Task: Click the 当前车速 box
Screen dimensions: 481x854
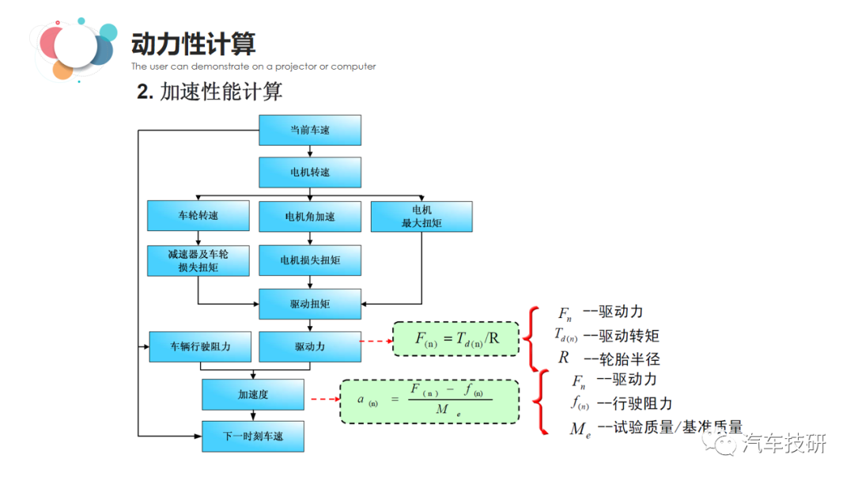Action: point(310,130)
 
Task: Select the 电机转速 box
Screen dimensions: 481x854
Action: point(310,172)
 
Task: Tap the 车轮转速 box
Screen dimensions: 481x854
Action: point(198,216)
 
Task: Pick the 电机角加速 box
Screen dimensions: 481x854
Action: point(310,216)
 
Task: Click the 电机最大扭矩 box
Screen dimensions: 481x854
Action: point(421,216)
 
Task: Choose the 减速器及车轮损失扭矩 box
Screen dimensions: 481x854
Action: point(198,260)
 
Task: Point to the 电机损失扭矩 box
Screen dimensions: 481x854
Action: point(310,260)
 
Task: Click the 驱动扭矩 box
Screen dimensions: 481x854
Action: point(310,303)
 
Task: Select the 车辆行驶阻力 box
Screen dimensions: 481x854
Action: point(201,347)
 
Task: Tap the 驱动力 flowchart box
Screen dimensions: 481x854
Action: point(310,347)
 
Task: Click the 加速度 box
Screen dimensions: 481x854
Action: point(253,394)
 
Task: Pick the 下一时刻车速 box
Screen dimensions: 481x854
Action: point(253,437)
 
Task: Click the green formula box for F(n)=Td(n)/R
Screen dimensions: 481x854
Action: point(456,339)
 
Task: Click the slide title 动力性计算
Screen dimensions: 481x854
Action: point(194,44)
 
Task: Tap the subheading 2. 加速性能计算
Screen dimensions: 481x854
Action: point(210,92)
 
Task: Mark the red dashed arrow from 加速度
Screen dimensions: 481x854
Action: point(324,399)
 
